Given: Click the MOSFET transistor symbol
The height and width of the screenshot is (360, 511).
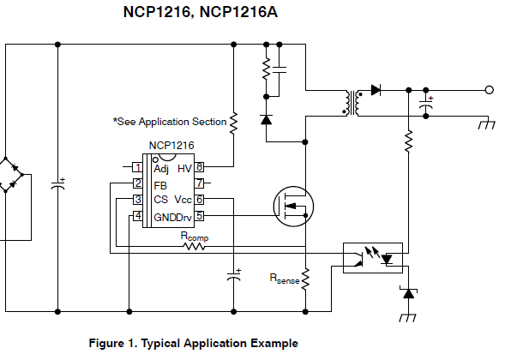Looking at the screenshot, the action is pos(293,207).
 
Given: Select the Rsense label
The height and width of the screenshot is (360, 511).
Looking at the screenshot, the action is pos(285,279).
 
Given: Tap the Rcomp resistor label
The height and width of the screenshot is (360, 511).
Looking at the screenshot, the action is pos(195,237).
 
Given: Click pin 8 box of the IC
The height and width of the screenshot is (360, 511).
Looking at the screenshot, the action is pos(199,167).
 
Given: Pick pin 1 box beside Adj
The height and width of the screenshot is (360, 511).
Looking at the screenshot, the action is pos(137,167).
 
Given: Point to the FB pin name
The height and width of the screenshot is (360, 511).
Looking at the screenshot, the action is pos(160,186).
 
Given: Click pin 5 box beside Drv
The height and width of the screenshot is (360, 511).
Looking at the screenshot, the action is pos(199,216).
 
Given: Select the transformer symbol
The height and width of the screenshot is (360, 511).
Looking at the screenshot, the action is pos(353,103).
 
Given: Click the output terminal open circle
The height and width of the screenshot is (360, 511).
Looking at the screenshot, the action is pos(489,90).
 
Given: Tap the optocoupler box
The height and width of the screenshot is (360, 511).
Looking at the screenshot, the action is pos(373,258).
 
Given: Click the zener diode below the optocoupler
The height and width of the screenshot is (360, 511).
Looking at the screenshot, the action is pos(408,293).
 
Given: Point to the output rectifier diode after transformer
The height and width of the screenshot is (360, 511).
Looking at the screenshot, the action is pos(376,90).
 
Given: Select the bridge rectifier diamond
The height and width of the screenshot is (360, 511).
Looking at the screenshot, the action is pos(11,175).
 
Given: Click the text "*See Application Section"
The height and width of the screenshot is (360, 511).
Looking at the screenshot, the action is pos(170,122).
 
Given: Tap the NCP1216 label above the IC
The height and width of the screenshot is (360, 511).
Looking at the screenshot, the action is pos(171,146).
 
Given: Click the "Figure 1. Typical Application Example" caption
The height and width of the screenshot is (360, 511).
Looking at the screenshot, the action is pos(193,343).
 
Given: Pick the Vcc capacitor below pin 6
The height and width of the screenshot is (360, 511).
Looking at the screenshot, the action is pos(234,276).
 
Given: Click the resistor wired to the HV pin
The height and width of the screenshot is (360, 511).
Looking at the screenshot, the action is pos(234,123).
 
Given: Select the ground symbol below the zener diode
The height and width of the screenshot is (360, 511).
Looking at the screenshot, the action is pos(408,318).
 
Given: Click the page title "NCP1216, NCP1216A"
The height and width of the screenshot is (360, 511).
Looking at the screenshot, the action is pos(201,12).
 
